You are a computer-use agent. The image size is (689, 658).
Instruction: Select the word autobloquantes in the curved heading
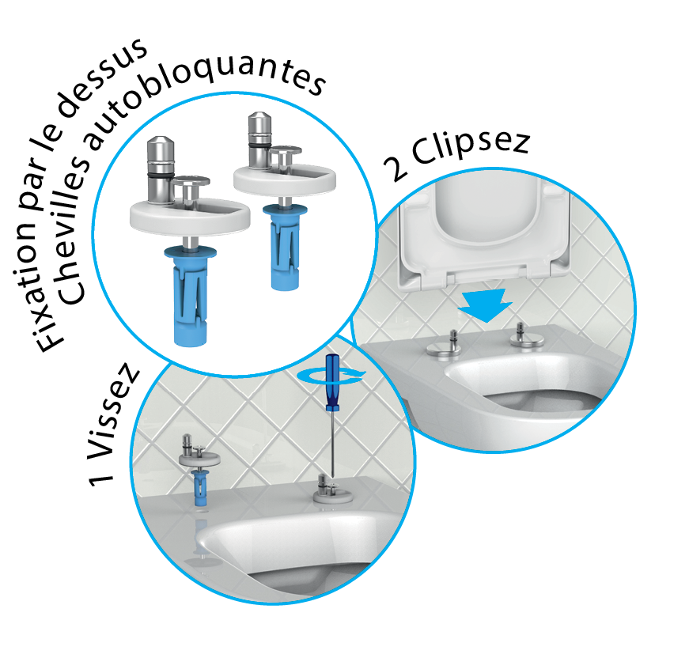206,93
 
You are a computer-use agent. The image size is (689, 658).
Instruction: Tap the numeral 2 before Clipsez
395,168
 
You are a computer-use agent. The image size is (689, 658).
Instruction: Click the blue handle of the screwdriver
331,382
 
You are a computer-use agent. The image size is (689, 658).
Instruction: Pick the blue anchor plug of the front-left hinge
191,295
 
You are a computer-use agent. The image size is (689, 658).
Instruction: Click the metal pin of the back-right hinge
259,141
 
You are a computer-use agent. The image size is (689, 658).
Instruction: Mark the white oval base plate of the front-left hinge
190,217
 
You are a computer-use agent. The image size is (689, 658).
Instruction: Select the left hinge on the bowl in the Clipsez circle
445,346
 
